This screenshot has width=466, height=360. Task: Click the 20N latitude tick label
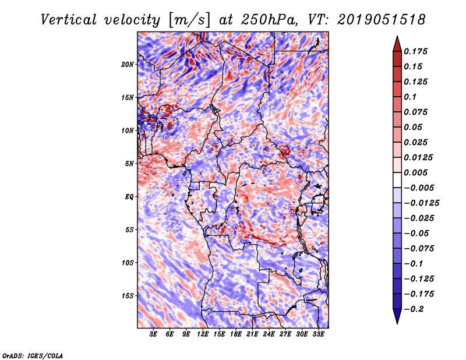128,64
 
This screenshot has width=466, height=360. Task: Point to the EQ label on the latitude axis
129,196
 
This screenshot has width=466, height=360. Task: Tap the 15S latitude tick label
128,295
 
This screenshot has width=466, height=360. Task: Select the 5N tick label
129,163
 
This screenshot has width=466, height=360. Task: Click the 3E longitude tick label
153,334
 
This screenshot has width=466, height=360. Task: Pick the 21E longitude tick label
252,334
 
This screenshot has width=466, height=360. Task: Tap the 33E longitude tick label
318,334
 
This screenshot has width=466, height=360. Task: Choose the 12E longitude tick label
203,334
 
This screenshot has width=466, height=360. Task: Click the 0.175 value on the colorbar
416,51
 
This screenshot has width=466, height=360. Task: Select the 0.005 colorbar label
416,172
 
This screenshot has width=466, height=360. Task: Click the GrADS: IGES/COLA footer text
32,354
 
